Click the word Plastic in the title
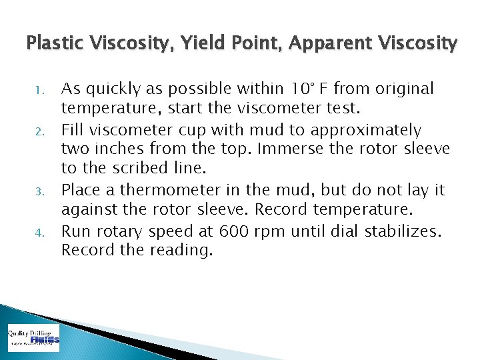click(52, 44)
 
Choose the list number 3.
click(39, 191)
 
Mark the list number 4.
click(39, 233)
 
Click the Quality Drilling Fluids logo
click(33, 337)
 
